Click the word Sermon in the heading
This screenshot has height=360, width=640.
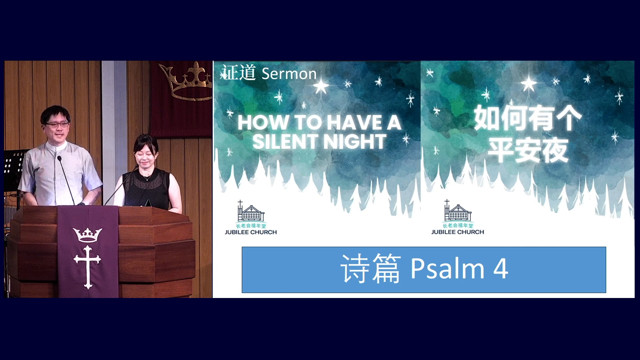coord(289,74)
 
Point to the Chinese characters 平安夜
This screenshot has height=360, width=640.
coord(528,150)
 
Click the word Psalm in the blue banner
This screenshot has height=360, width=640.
coord(448,268)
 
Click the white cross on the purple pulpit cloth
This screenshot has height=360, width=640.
coord(88,267)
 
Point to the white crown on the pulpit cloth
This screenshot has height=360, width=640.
coord(88,235)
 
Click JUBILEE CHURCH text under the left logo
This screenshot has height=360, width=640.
coord(251,232)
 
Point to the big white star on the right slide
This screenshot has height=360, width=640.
coord(529,84)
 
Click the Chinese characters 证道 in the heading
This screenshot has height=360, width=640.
coord(239,73)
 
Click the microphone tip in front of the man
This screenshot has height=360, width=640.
coord(59,159)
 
